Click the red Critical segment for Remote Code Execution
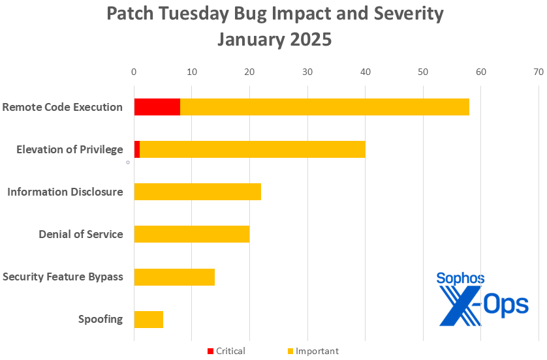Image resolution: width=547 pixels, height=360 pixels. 157,107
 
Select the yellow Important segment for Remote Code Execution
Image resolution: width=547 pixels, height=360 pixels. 324,107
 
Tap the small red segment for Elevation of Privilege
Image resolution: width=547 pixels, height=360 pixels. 137,149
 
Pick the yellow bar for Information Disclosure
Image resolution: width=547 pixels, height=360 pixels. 197,192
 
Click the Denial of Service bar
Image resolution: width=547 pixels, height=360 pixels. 191,234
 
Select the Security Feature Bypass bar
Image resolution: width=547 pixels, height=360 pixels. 174,277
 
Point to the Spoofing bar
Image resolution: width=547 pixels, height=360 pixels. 148,320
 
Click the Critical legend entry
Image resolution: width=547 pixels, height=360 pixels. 226,352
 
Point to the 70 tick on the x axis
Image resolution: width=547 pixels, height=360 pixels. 538,72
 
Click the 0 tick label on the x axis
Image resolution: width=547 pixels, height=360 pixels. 134,72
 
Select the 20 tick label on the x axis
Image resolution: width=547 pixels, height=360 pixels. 249,72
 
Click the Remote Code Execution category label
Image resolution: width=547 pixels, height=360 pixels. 63,107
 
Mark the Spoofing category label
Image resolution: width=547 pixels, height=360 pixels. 101,320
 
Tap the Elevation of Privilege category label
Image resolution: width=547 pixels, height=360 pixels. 70,149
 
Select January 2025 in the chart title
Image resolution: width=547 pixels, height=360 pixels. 274,39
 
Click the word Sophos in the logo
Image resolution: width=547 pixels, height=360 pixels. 460,279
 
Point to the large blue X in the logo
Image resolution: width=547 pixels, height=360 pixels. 461,307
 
